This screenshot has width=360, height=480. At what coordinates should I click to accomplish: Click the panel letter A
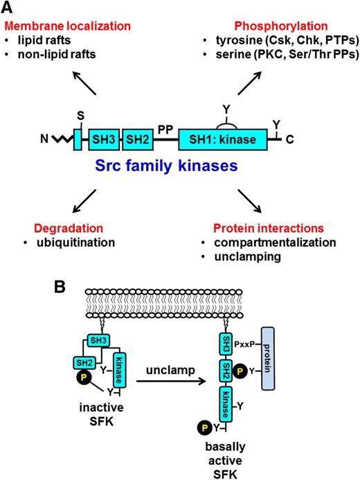click(x=10, y=8)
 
